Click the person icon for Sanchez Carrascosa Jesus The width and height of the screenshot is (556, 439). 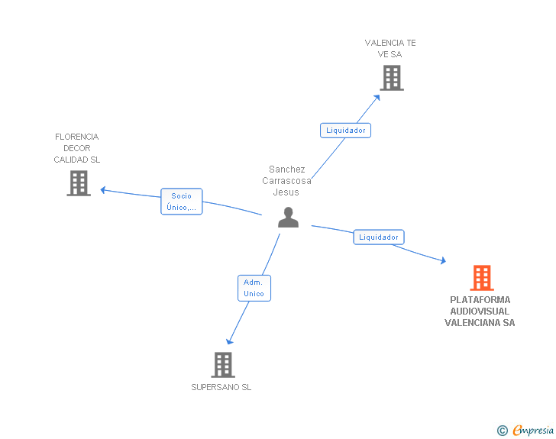[x=288, y=217]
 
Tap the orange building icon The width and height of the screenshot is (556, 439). [x=482, y=278]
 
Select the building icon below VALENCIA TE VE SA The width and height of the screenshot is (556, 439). [x=392, y=78]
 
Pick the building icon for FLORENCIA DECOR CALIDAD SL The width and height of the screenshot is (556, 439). [x=79, y=183]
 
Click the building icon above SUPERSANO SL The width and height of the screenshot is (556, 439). [x=223, y=365]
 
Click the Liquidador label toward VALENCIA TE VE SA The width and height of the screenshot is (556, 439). [x=345, y=131]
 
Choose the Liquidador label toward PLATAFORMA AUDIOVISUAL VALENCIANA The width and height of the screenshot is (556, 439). [x=379, y=237]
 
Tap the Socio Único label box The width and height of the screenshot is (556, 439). [x=182, y=202]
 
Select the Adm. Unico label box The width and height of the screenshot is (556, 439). [x=254, y=288]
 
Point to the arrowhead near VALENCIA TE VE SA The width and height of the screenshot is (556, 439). [x=377, y=98]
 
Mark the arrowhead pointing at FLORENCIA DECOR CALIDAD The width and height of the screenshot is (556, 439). [x=103, y=190]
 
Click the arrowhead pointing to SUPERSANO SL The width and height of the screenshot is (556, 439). [x=229, y=341]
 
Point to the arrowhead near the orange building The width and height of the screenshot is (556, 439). [x=443, y=260]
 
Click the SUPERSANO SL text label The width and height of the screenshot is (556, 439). [x=221, y=387]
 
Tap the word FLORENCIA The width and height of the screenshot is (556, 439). [x=77, y=137]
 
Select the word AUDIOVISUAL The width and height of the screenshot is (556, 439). [x=480, y=311]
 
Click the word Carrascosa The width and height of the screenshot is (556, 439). [x=286, y=181]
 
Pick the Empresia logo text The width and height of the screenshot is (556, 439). [x=533, y=430]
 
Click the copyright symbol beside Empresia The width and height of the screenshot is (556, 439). [x=503, y=431]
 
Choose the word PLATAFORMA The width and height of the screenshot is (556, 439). [x=480, y=300]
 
